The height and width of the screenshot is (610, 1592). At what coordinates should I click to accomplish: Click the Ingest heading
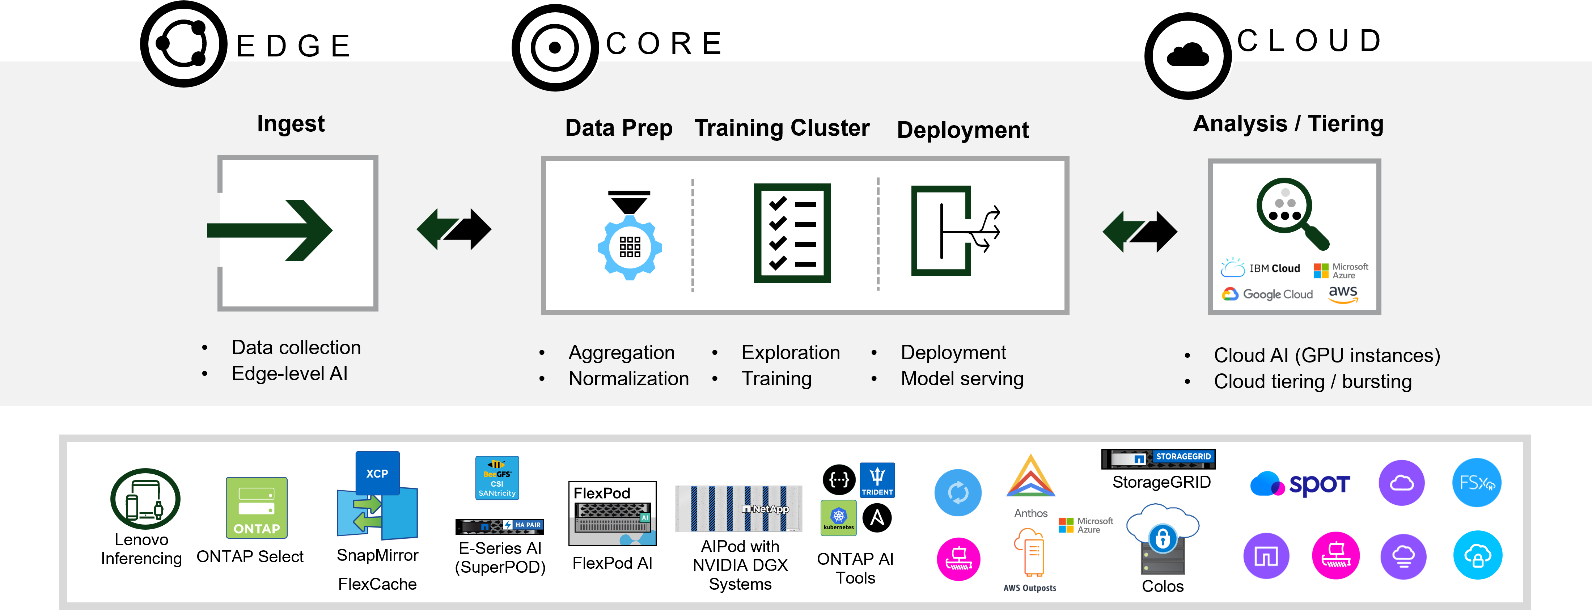291,124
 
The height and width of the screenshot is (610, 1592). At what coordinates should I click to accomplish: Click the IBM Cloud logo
1261,268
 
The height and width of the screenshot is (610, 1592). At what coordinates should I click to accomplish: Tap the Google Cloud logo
1267,294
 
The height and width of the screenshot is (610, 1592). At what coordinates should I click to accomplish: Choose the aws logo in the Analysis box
1343,293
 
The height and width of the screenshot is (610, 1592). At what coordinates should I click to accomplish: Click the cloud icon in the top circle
1188,56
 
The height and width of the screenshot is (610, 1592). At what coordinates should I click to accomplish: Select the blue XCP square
377,473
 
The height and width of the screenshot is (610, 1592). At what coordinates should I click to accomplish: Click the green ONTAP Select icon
257,507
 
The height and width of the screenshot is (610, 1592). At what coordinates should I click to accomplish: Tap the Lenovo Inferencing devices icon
145,499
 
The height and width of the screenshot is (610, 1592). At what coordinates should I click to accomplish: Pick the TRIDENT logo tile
877,480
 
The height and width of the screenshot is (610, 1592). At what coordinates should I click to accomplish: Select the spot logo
1300,484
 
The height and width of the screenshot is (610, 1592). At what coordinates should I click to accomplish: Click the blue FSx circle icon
1477,483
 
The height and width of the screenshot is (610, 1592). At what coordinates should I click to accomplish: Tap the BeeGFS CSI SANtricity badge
497,478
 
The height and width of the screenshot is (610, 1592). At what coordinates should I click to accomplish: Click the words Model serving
962,378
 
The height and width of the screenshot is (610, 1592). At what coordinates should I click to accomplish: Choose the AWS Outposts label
1030,588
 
